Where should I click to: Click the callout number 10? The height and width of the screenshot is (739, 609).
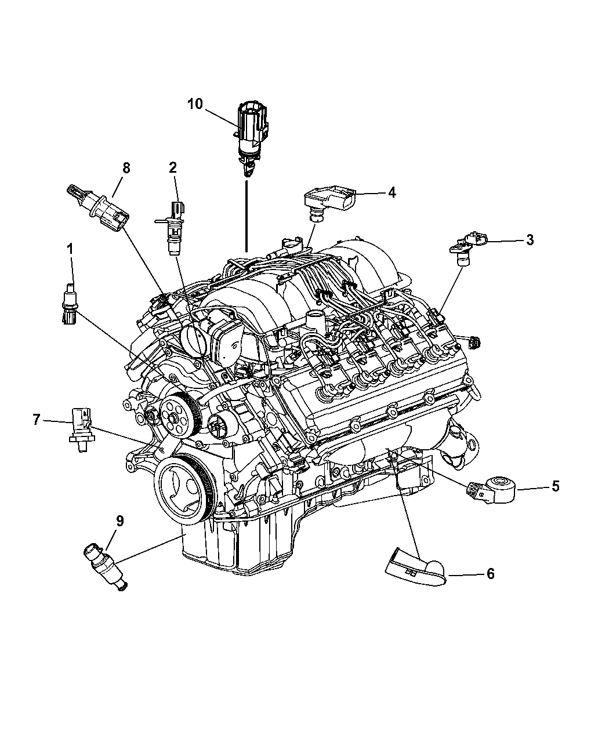tap(195, 104)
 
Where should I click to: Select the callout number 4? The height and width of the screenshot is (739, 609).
tap(392, 192)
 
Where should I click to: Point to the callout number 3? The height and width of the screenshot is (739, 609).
tap(530, 240)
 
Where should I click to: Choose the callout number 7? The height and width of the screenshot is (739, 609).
tap(36, 420)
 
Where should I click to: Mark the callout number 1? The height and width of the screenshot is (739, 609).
tap(70, 249)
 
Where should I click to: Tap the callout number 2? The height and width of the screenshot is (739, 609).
tap(172, 168)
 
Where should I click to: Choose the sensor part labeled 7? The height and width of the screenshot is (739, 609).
tap(81, 428)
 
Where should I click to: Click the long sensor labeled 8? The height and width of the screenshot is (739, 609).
tap(97, 208)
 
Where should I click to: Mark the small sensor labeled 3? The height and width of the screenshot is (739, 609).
tap(467, 247)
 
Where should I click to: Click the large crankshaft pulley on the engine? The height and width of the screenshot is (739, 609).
tap(183, 490)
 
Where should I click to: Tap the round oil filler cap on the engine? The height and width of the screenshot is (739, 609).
tap(193, 340)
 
